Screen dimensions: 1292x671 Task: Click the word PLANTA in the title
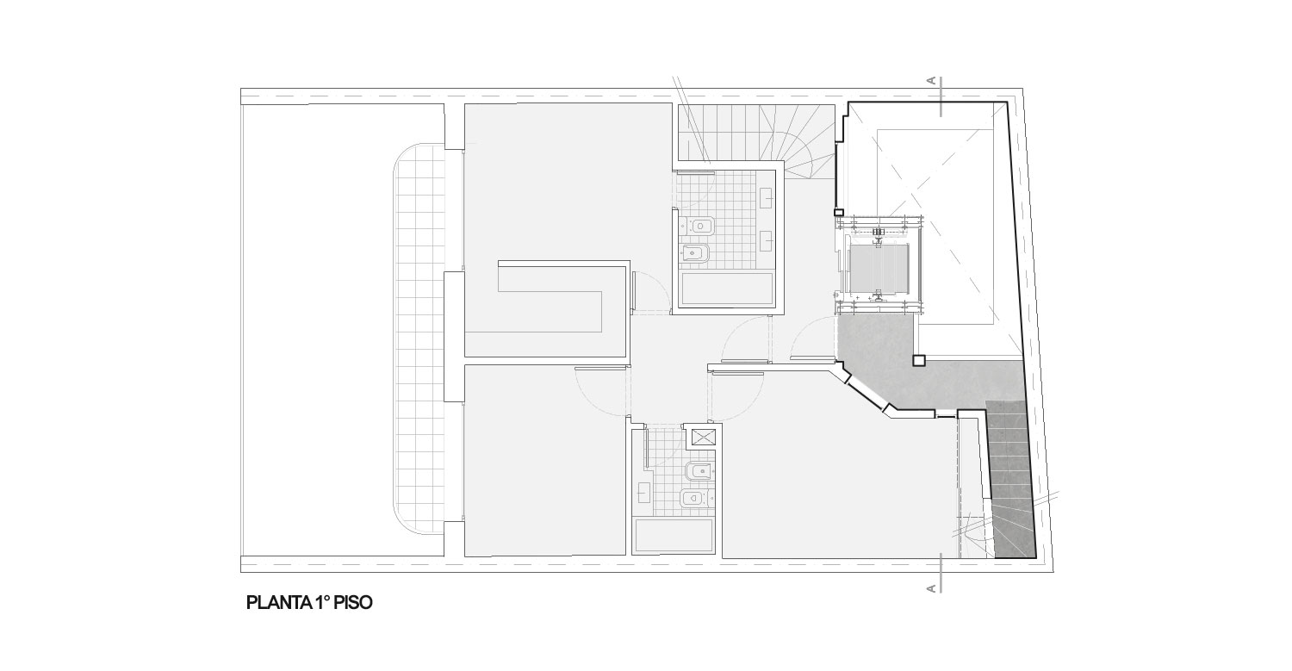point(279,603)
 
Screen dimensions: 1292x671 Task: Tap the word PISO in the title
point(353,603)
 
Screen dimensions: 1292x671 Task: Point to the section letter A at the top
point(931,81)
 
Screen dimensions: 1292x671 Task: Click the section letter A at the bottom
point(931,588)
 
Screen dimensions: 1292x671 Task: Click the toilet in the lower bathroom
point(699,473)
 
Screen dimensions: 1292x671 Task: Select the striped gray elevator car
point(880,269)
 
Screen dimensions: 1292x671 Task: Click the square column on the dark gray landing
point(919,361)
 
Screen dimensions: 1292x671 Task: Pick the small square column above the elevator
point(839,212)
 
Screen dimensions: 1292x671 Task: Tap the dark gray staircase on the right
point(1010,479)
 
